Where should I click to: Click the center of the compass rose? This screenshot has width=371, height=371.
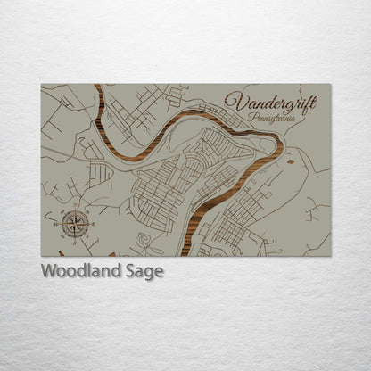pos(74,222)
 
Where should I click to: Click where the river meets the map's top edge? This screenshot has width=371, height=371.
pos(96,86)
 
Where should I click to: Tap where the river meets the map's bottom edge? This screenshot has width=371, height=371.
pos(185,254)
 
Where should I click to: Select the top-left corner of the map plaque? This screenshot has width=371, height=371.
pos(42,85)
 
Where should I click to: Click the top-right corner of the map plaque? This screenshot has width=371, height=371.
pos(330,85)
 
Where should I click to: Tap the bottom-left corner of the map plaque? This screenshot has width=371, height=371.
pos(42,256)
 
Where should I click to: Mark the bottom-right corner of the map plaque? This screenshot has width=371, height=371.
pos(330,256)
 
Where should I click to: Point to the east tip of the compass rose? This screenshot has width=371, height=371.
pos(90,222)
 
